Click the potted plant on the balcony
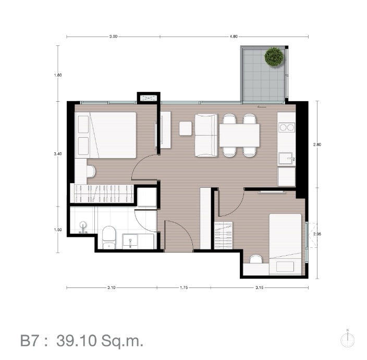tap(274, 57)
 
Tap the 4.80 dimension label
tap(234, 37)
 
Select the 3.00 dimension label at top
tap(113, 37)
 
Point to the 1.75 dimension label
tap(184, 287)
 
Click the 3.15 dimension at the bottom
tap(259, 287)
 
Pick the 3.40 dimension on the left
tap(58, 154)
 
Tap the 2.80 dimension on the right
tap(317, 145)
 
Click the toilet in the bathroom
tap(109, 237)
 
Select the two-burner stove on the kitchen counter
tap(287, 127)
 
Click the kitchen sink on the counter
tap(286, 159)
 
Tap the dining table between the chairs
tap(239, 135)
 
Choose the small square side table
tap(186, 128)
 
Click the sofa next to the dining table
tap(206, 135)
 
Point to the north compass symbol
tap(348, 339)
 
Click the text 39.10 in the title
tap(77, 341)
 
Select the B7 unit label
tap(29, 341)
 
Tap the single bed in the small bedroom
tap(285, 244)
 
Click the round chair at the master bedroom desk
tap(91, 172)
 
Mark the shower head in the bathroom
tap(83, 227)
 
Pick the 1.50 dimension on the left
tap(58, 230)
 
